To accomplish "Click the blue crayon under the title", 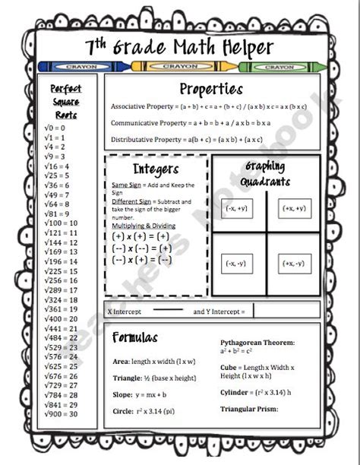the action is coord(81,67).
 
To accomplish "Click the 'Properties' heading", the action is coord(211,89).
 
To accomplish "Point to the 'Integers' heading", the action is coord(155,169).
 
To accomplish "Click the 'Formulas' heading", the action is coord(134,337).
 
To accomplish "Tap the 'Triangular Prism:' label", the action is coord(249,410).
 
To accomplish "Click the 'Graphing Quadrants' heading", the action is coord(267,174).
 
